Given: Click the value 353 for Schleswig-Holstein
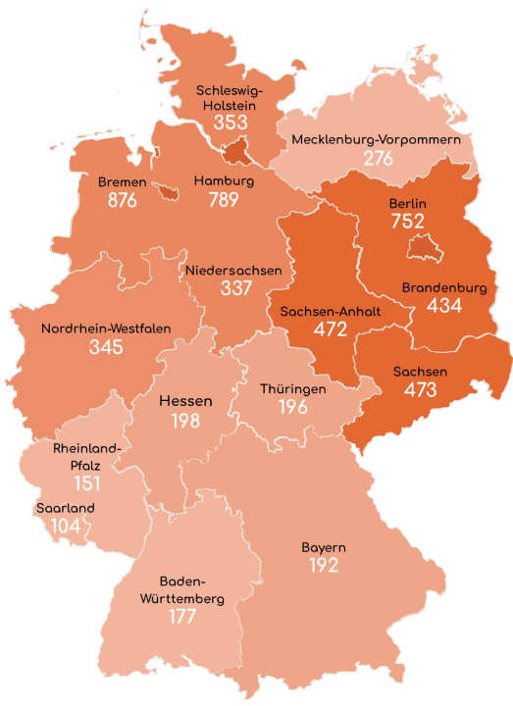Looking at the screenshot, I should pos(231,123).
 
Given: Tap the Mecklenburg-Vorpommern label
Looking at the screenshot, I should pos(376,141).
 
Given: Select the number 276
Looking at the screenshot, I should pos(377,160).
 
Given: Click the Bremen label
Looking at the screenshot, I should pos(123,182).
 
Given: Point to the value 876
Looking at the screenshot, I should pos(125,201).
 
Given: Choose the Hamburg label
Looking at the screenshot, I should pos(224,182).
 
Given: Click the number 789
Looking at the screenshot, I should pos(226,201).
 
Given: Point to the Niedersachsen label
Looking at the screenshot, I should pos(232,270).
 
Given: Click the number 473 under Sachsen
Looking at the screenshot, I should pos(421,389).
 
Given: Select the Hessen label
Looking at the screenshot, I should pos(186,402).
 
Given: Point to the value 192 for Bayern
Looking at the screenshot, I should pos(324,565).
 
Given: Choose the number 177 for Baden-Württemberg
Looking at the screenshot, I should pos(181,617).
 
